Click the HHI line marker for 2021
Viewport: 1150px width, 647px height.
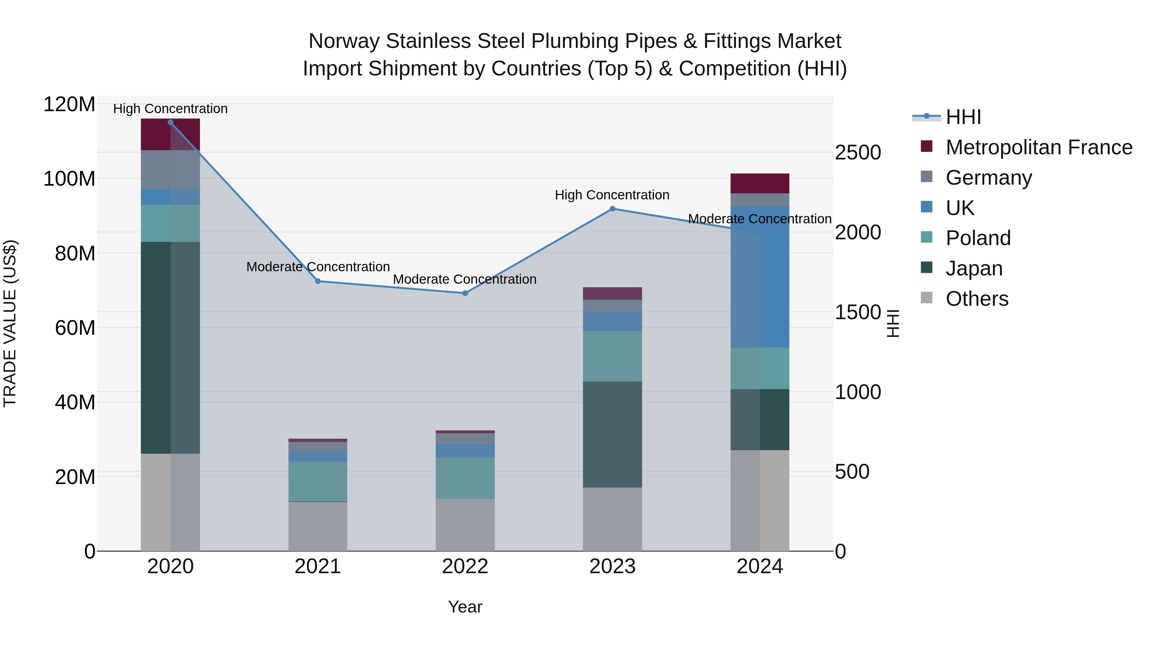318,281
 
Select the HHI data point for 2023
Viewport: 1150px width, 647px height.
612,209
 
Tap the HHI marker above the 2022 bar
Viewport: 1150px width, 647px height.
465,293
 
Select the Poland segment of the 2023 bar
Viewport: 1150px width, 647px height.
612,356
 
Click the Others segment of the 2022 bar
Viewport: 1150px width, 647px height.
465,525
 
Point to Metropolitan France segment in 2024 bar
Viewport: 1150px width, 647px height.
760,183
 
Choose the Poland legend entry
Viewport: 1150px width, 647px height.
978,238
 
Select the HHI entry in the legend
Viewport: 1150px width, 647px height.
963,117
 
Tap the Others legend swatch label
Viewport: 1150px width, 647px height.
977,299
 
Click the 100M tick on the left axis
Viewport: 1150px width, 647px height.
69,179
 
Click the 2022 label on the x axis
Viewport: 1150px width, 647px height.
465,566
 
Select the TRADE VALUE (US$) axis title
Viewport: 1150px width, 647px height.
10,323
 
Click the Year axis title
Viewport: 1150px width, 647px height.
465,607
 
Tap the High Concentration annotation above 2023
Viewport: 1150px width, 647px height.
612,195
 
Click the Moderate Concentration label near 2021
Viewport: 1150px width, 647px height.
318,267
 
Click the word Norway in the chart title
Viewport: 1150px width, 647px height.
344,41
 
